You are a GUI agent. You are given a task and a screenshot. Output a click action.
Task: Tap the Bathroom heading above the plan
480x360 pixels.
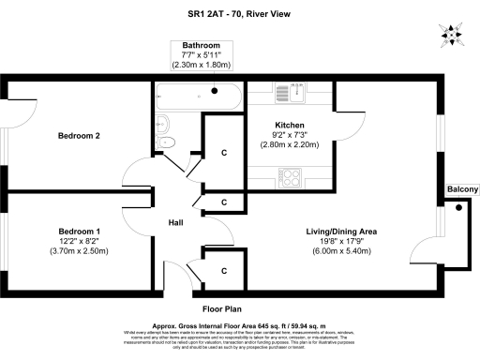point(201,45)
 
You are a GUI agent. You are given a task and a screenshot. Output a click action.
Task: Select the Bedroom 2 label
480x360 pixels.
point(80,136)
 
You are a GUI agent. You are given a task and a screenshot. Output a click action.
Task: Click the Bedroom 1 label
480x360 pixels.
point(80,231)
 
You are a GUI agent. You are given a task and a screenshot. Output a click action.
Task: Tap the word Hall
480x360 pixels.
point(176,223)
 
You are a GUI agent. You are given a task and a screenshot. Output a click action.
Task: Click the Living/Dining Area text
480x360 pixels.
point(341,231)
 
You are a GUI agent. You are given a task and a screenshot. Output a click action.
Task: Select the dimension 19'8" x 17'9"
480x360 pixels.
point(341,241)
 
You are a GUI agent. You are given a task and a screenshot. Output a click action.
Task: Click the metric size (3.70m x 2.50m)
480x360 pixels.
point(80,251)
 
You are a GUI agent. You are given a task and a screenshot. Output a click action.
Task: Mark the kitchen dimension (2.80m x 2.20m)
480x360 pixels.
point(291,145)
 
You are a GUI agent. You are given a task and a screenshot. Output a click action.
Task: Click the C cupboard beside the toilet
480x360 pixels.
point(223,153)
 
